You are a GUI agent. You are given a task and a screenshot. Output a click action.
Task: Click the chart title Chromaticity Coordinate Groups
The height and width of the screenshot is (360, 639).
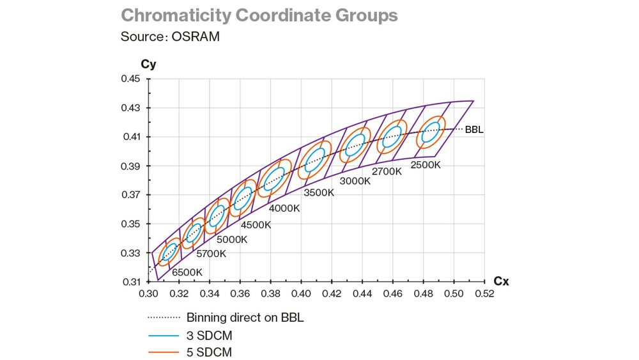pyautogui.click(x=259, y=15)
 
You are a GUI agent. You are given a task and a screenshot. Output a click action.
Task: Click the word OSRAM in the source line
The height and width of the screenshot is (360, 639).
pyautogui.click(x=195, y=36)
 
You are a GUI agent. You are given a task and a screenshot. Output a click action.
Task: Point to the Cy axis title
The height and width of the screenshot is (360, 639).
pyautogui.click(x=148, y=64)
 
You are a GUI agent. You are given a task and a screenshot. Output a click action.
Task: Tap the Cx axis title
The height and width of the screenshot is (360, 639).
pyautogui.click(x=501, y=281)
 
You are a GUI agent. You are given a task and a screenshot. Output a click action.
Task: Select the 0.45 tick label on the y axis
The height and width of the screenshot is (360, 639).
pyautogui.click(x=130, y=79)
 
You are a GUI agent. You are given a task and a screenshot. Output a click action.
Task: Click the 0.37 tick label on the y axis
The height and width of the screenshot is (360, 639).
pyautogui.click(x=130, y=195)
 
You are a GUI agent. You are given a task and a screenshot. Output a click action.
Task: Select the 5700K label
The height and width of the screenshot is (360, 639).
pyautogui.click(x=211, y=254)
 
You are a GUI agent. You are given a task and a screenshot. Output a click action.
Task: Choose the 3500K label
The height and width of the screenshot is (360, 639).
pyautogui.click(x=318, y=192)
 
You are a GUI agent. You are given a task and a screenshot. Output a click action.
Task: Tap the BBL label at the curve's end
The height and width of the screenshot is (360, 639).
pyautogui.click(x=474, y=130)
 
